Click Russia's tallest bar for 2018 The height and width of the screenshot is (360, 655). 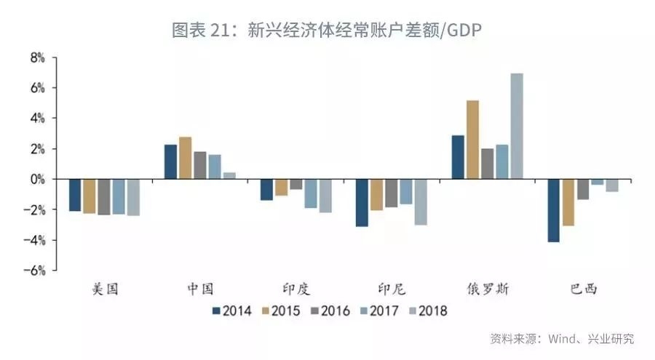pos(516,126)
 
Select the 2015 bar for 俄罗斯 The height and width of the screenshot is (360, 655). pos(472,140)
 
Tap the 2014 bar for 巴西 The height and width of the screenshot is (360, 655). pos(554,210)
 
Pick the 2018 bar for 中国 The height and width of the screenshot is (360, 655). pos(229,175)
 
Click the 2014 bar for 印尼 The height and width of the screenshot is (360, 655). pos(362,203)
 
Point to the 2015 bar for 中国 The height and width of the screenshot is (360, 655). pos(185,158)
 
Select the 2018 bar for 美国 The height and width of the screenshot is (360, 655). pos(132,197)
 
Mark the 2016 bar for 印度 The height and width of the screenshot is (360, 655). pos(295,184)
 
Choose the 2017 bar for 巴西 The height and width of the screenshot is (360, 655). pos(597,182)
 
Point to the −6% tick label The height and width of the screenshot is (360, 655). pos(35,271)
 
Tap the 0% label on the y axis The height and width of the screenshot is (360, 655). pos(38,180)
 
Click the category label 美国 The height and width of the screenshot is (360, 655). pos(105,289)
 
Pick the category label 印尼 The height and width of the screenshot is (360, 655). pos(392,289)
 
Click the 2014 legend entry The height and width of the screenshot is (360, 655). pos(231,311)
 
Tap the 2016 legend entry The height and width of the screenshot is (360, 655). pos(329,311)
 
